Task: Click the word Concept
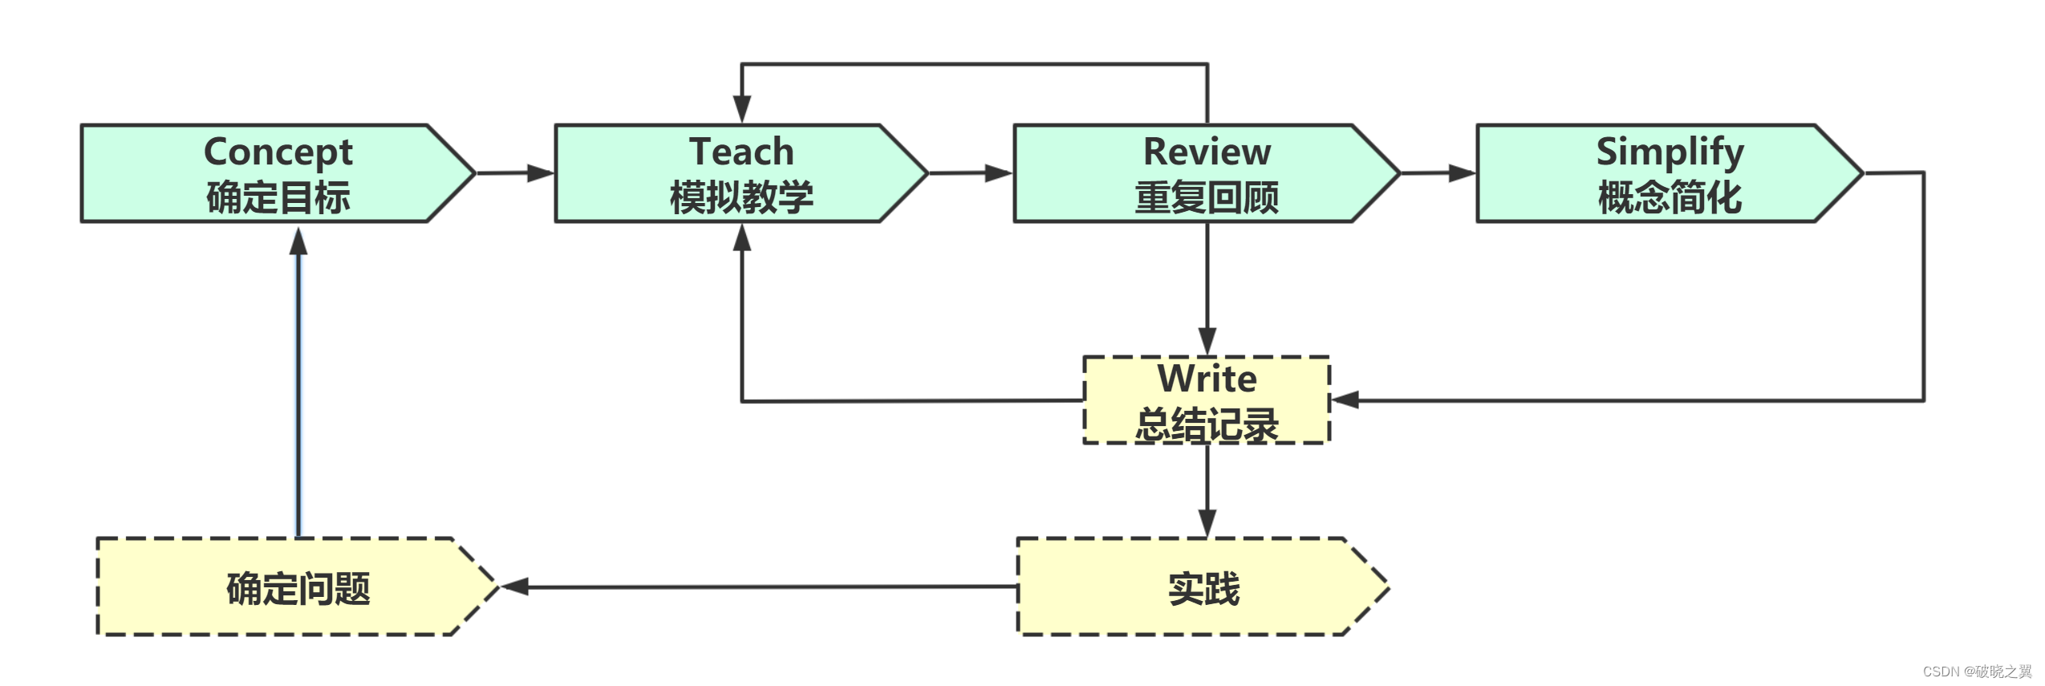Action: click(x=278, y=152)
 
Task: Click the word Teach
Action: click(x=741, y=152)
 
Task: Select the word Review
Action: click(x=1206, y=152)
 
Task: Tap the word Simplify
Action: click(x=1670, y=152)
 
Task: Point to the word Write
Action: click(x=1206, y=378)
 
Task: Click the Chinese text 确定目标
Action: click(x=278, y=197)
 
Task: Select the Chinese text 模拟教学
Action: click(x=741, y=197)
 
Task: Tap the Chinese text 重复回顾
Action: click(x=1206, y=197)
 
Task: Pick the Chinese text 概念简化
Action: click(x=1670, y=197)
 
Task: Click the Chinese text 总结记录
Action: click(x=1206, y=424)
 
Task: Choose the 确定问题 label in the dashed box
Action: click(x=298, y=588)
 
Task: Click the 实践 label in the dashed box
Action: click(x=1203, y=588)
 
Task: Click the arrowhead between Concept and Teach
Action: click(x=541, y=173)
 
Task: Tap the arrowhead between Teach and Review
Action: click(x=998, y=173)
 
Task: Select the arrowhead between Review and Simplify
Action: click(x=1462, y=173)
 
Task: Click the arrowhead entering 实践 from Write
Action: click(x=1207, y=522)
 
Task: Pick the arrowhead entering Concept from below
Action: click(x=298, y=241)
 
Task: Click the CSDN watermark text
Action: click(x=1976, y=671)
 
